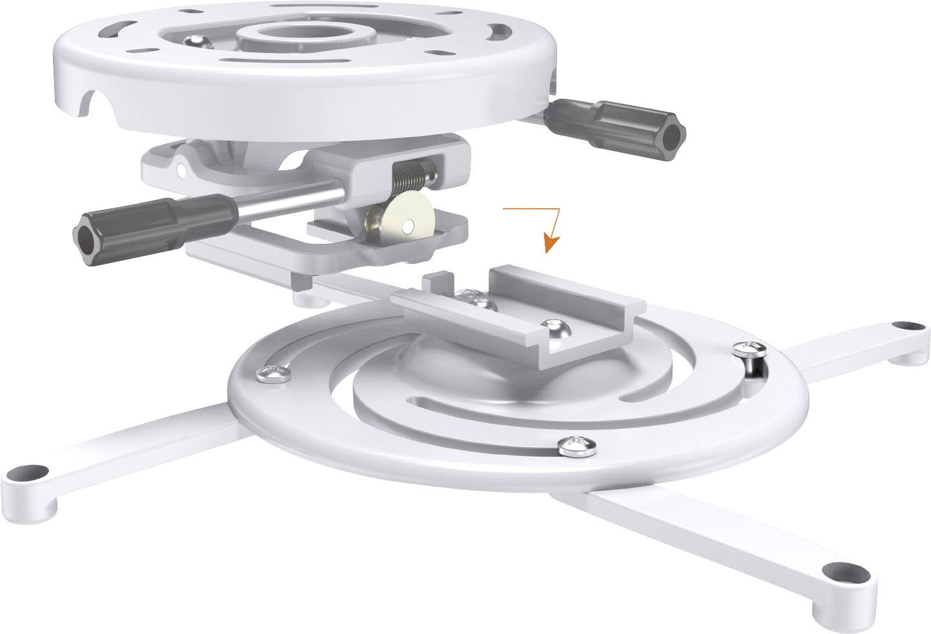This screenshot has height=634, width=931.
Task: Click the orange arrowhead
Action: pyautogui.click(x=550, y=243)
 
